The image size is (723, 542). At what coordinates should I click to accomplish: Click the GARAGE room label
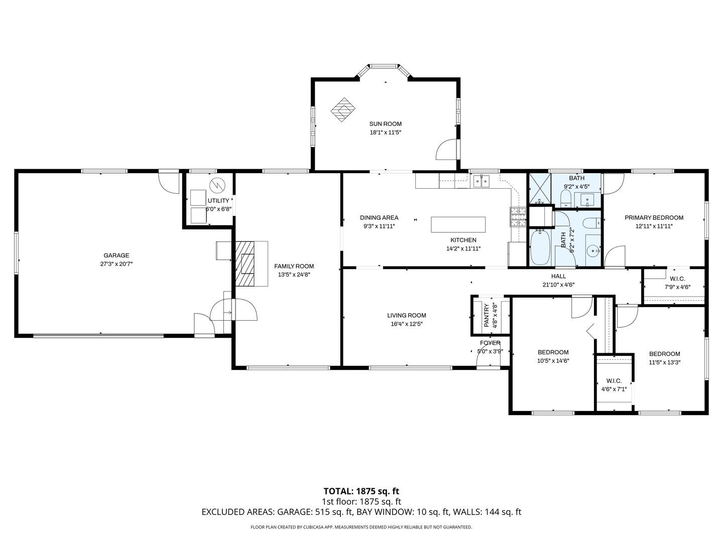(116, 255)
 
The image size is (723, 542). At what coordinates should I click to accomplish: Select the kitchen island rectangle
(458, 224)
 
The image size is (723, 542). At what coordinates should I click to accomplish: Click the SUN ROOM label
(386, 124)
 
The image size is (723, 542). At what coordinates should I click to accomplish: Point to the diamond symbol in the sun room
(343, 109)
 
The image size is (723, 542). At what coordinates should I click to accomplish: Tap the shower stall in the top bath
(539, 189)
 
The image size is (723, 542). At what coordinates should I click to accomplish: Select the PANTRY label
(486, 316)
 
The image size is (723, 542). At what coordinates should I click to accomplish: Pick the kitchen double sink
(481, 181)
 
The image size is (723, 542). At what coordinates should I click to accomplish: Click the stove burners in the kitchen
(518, 216)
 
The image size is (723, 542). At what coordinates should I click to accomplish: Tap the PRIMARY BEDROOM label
(654, 218)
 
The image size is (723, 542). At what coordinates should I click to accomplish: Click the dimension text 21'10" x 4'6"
(558, 285)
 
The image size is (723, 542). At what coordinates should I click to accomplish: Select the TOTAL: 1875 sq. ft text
(361, 491)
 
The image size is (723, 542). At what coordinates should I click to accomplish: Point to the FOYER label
(490, 343)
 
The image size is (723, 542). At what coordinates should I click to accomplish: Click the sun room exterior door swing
(447, 150)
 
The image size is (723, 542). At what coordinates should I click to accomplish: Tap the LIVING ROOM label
(406, 316)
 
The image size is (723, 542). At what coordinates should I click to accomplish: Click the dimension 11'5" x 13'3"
(664, 362)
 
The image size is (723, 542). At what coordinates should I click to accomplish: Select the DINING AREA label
(379, 218)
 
